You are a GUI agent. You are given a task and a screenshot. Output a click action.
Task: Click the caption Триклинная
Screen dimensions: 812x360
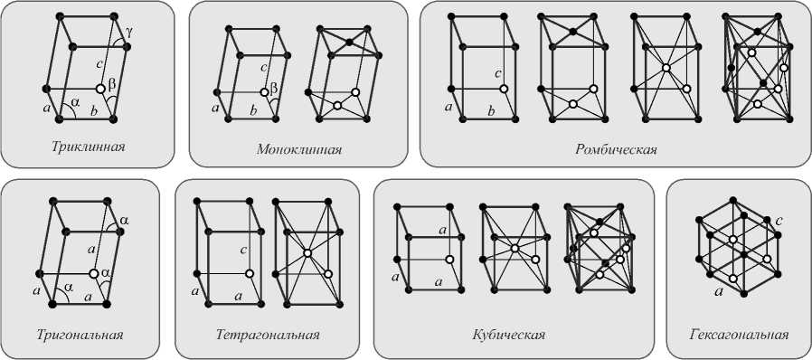tap(89, 146)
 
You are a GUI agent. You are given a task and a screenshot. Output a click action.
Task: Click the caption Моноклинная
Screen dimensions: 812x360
tap(299, 150)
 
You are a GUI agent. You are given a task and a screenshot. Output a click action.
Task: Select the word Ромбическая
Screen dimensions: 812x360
tap(616, 150)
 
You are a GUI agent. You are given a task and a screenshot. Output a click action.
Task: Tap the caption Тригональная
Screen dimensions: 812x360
tap(80, 334)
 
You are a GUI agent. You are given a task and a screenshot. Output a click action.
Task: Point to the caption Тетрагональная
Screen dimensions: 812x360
tap(268, 334)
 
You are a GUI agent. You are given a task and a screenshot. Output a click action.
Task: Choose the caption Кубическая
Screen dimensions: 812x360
tap(508, 334)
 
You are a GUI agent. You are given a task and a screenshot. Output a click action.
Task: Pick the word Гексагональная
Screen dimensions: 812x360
tap(740, 334)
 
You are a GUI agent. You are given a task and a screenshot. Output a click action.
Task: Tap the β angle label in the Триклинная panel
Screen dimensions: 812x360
tap(111, 82)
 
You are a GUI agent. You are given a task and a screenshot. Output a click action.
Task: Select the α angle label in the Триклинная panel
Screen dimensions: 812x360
tap(76, 103)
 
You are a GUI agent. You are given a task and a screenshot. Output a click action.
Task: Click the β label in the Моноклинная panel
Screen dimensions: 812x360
tap(275, 90)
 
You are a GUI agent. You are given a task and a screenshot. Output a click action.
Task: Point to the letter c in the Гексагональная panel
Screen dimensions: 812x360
tap(779, 222)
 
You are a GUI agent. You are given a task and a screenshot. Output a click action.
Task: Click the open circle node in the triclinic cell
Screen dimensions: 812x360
tap(101, 89)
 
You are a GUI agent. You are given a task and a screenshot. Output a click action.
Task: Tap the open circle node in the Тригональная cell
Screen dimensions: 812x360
tap(94, 273)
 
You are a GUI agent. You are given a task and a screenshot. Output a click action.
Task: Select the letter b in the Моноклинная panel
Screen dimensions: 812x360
tap(253, 109)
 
